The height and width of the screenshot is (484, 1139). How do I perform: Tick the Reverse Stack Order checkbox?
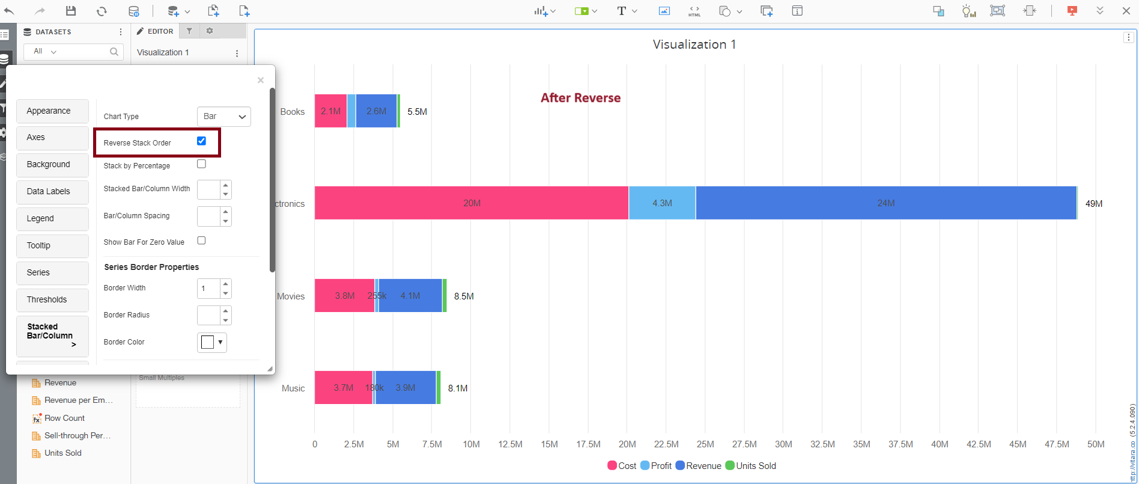coord(201,141)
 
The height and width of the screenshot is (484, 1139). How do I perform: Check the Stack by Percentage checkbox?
coord(201,164)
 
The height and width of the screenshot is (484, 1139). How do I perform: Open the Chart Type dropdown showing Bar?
coord(223,116)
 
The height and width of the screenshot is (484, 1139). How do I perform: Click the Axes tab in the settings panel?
coord(52,138)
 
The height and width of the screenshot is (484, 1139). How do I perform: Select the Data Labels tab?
coord(52,191)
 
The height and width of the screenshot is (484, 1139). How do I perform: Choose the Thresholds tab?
coord(52,299)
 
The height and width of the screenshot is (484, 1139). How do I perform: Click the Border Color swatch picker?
coord(211,342)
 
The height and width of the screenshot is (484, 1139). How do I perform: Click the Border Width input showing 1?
coord(208,288)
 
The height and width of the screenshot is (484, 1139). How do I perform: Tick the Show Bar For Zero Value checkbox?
coord(201,240)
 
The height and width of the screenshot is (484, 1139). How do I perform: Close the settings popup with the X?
coord(260,80)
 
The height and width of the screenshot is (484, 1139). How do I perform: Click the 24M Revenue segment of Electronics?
coord(885,203)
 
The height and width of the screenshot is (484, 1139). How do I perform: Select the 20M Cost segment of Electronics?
coord(472,203)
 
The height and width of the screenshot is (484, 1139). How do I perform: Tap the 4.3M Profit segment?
coord(662,203)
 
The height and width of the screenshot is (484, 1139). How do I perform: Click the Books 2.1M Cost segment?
coord(330,111)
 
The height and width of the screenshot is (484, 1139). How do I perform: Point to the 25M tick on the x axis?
coord(705,444)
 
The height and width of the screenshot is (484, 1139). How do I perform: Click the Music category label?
coord(293,388)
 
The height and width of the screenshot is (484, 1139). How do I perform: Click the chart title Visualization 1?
coord(694,44)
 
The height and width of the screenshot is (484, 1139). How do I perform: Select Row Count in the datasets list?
coord(64,418)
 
